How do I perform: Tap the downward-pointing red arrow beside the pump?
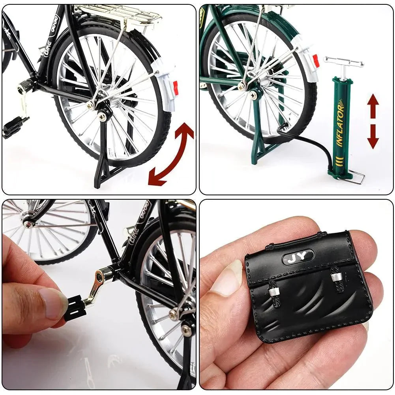point(373,137)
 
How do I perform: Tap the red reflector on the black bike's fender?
point(176,88)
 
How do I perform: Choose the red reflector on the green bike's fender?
point(316,61)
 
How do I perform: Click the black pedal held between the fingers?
point(75,308)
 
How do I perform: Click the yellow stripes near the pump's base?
point(339,162)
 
